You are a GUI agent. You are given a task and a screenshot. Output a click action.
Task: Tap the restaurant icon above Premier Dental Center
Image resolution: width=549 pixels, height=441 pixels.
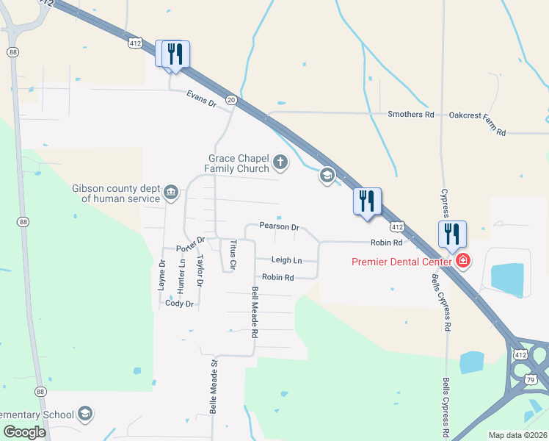click(452, 234)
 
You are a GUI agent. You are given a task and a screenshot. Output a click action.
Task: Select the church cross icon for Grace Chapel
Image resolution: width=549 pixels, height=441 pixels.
click(279, 162)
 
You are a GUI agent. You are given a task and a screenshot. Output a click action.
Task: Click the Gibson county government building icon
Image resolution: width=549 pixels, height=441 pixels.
click(171, 193)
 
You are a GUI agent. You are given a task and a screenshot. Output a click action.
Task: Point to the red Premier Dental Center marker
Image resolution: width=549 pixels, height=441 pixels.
click(463, 261)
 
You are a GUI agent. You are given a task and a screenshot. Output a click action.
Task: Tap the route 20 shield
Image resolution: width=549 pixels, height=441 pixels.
click(231, 99)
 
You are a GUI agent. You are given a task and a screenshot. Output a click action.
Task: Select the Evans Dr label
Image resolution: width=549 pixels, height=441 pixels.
click(201, 99)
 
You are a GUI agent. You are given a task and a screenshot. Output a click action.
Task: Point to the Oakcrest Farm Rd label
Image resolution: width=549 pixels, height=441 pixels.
click(478, 123)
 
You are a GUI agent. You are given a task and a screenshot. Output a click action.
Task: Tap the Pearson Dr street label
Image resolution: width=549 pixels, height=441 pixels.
click(278, 227)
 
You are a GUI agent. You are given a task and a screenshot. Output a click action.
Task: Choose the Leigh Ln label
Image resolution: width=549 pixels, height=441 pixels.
click(286, 260)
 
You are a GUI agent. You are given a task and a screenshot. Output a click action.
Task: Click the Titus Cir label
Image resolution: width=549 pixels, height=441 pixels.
click(233, 254)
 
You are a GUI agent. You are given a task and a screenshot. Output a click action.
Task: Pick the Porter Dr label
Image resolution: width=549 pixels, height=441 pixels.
click(191, 245)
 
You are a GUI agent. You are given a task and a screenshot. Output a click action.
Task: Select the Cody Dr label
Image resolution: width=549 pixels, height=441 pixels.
click(179, 303)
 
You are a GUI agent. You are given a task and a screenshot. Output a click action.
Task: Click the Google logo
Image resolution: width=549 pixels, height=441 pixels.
click(24, 432)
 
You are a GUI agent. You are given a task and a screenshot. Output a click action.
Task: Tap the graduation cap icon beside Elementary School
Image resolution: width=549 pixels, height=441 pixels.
click(85, 414)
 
